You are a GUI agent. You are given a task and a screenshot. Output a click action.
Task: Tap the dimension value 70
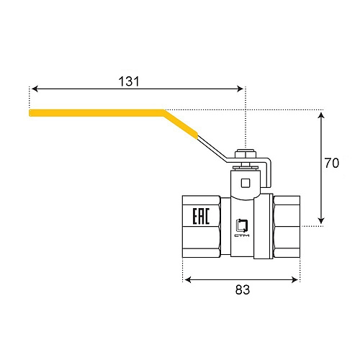point(330,163)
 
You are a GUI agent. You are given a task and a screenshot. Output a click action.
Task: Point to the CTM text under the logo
point(242,235)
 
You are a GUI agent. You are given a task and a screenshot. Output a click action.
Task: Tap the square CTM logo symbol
point(242,223)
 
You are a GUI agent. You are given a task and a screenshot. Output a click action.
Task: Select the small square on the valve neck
point(246,181)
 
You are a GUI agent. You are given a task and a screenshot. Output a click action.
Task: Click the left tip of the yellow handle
point(31,113)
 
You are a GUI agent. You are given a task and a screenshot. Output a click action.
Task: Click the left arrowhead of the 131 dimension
point(33,89)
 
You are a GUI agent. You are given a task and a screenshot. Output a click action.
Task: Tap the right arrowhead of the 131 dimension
point(242,89)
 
